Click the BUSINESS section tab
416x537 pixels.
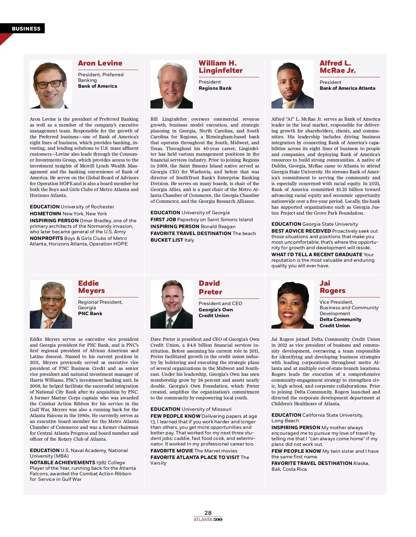[x=26, y=29]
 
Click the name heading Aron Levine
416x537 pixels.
[x=100, y=63]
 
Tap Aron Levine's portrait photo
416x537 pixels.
[x=51, y=84]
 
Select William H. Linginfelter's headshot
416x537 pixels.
[x=171, y=84]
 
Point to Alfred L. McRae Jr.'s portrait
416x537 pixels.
[x=292, y=84]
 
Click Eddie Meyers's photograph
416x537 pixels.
[x=51, y=304]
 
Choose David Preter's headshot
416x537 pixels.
[x=171, y=304]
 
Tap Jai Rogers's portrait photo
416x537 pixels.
[x=292, y=304]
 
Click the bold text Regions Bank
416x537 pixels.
[x=215, y=88]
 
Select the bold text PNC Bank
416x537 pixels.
[x=90, y=313]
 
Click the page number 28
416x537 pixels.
[x=208, y=513]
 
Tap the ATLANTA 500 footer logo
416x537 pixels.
[x=208, y=519]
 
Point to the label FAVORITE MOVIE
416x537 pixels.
[x=172, y=451]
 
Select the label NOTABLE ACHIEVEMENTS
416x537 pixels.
[x=62, y=462]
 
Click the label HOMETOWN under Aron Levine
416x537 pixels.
[x=45, y=214]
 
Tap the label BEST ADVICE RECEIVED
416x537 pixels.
[x=301, y=231]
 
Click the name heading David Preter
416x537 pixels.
[x=210, y=287]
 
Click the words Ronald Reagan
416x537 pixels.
[x=218, y=226]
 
